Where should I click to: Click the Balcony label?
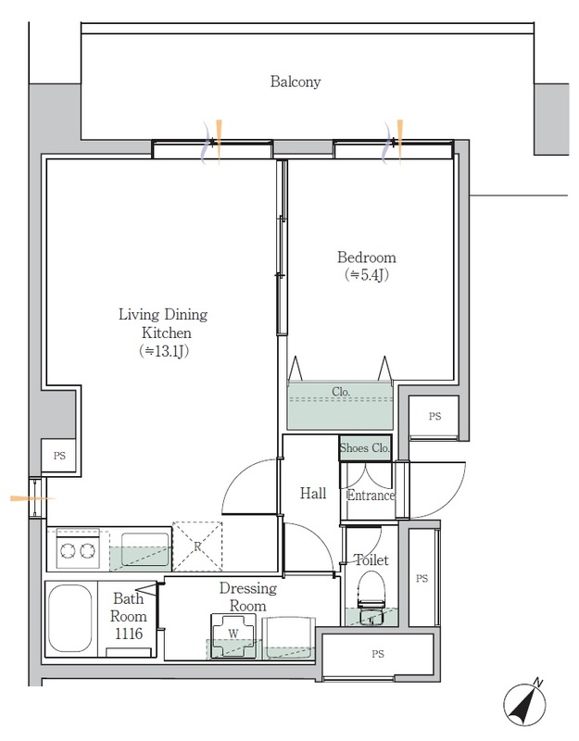296,82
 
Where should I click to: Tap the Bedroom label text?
366,257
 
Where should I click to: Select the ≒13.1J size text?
164,351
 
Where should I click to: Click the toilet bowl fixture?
371,597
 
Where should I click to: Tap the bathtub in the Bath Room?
70,618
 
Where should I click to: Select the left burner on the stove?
68,550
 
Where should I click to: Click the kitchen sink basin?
145,548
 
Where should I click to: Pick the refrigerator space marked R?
197,546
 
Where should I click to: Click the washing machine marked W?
233,635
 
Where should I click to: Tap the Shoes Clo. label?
364,447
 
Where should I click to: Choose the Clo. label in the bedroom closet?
341,392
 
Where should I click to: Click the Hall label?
313,494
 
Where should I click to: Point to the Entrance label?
371,496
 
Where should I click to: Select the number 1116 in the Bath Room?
129,634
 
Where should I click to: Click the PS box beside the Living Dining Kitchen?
59,456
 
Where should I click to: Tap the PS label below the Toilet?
378,654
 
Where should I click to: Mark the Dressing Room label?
247,597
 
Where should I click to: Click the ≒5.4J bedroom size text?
367,274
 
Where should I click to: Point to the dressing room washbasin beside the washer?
288,638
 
